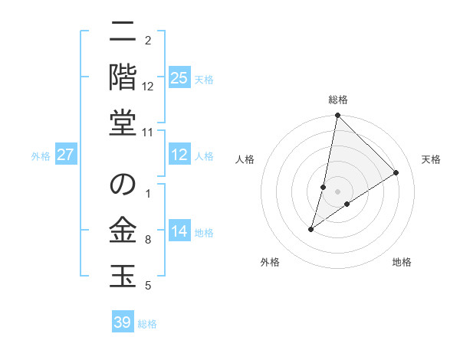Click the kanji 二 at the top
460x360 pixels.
point(123,31)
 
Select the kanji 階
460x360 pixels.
point(123,77)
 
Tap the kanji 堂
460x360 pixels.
point(123,122)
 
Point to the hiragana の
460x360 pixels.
point(123,185)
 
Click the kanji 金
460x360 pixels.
point(123,230)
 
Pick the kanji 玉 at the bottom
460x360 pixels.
point(123,275)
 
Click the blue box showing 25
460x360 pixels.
point(179,77)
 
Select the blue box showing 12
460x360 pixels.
point(179,155)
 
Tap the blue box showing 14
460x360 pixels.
point(179,231)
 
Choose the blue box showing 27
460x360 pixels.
point(66,155)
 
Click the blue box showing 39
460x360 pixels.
point(123,322)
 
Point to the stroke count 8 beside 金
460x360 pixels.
point(147,241)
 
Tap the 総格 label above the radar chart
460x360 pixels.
point(338,100)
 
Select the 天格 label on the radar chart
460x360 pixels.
point(431,159)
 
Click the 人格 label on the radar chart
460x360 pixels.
point(245,159)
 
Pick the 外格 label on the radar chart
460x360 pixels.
point(269,262)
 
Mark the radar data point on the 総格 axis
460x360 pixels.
point(337,116)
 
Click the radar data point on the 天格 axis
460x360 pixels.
point(396,173)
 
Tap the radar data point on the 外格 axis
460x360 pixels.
point(311,229)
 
